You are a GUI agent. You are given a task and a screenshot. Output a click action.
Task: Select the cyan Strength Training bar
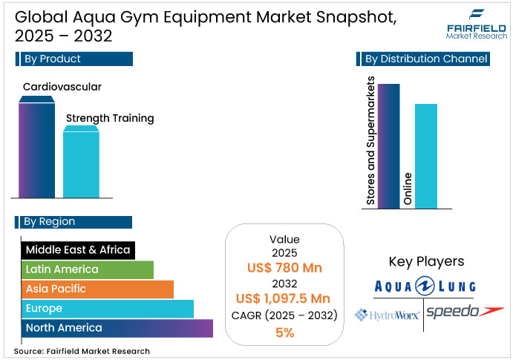(81, 163)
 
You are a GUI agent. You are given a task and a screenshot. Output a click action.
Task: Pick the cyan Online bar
(425, 156)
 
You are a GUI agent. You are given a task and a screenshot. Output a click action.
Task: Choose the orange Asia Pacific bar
(97, 289)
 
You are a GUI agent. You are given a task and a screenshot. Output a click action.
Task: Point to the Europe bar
(107, 308)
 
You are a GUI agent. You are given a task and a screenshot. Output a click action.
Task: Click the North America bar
(117, 328)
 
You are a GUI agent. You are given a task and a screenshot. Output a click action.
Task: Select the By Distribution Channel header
(425, 59)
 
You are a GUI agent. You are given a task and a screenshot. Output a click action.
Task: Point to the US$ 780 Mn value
(284, 268)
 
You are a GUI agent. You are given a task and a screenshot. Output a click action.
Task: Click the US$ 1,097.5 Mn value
(284, 298)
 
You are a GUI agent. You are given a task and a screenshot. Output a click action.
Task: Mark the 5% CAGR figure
(284, 333)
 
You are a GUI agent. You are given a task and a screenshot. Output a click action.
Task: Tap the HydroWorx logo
(388, 314)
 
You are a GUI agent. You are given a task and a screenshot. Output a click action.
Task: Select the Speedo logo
(463, 312)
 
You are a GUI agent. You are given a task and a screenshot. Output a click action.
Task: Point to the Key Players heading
(426, 261)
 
